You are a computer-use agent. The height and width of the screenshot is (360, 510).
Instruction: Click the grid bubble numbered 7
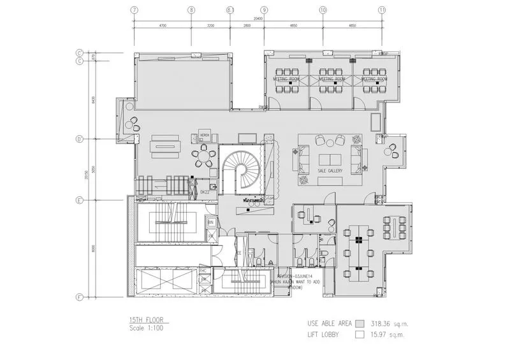(134, 10)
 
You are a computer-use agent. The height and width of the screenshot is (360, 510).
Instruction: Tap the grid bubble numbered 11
(381, 10)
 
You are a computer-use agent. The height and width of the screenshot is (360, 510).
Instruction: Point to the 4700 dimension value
(162, 25)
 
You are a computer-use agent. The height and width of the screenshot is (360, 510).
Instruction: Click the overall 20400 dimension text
(258, 19)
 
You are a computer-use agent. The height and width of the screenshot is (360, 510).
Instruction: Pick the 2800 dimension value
(247, 25)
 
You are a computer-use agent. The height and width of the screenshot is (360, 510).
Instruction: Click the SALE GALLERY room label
(330, 171)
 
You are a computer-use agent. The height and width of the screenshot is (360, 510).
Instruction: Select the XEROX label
(205, 135)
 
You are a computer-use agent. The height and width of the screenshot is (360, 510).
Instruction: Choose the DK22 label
(205, 191)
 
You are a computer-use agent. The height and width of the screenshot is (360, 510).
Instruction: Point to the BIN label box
(211, 222)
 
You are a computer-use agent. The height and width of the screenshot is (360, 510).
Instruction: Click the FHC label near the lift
(203, 270)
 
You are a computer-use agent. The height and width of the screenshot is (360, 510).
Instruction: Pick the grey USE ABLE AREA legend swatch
(361, 322)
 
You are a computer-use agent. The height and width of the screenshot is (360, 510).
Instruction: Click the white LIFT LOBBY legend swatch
(361, 334)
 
